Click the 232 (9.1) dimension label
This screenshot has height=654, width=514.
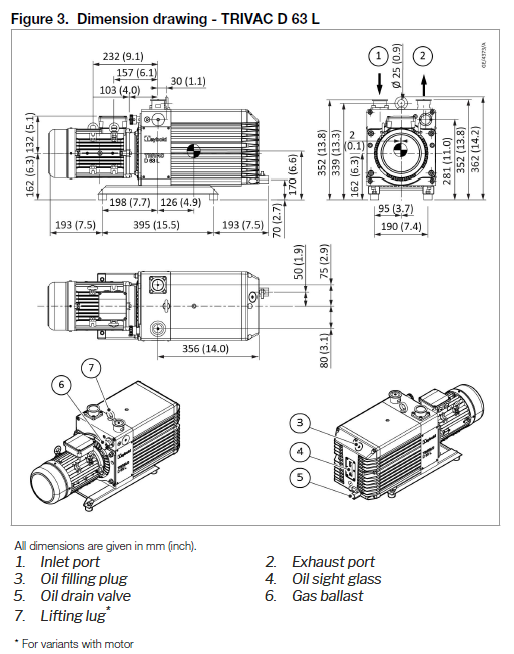[123, 57]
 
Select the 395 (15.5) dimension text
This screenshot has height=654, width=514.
[155, 225]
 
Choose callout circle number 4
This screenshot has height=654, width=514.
[301, 449]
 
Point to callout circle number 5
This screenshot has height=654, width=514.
[301, 478]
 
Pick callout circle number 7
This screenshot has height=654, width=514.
[91, 368]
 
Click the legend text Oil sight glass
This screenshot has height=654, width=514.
[336, 579]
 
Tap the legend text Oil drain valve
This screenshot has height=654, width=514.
[86, 596]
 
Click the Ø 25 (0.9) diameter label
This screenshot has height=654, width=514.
[397, 64]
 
